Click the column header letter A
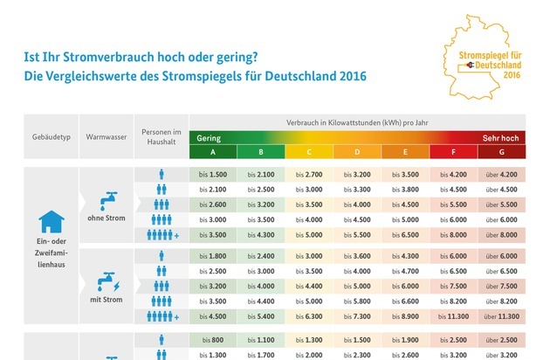coord(212,152)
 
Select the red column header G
coord(500,152)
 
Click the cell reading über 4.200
coord(500,175)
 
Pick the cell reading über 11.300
coord(500,317)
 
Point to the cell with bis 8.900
coord(404,317)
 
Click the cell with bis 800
coord(212,339)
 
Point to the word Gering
coord(209,138)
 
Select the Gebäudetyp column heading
coord(45,138)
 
